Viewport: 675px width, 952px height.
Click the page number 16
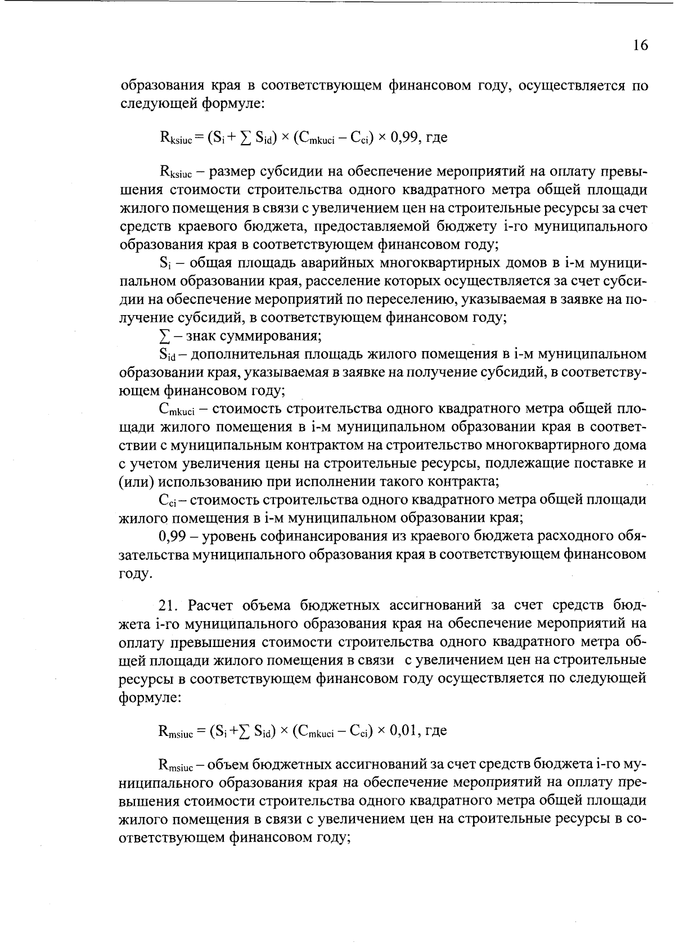[x=640, y=46]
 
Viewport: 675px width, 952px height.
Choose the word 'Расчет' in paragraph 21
[x=211, y=605]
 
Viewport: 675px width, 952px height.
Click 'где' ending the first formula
[x=437, y=137]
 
